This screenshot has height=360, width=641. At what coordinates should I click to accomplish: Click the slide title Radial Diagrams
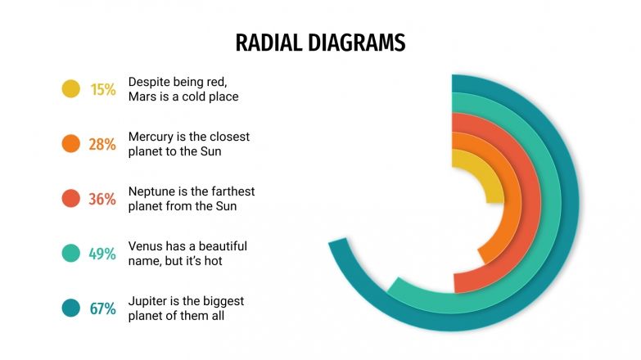(320, 43)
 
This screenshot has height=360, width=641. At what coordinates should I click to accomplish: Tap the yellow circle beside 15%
(71, 89)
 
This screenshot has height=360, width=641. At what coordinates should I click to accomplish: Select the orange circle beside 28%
(71, 144)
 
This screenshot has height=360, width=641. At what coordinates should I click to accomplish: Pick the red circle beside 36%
(71, 199)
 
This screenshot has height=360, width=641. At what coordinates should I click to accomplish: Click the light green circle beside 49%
(71, 254)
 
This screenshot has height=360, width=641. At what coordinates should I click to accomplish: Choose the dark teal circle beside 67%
(71, 308)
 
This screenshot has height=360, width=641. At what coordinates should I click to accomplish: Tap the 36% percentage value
(102, 199)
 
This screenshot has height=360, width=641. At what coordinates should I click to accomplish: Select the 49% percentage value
(102, 254)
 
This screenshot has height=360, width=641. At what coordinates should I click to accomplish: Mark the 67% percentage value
(102, 308)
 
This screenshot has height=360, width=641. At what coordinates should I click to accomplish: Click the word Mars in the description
(142, 97)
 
